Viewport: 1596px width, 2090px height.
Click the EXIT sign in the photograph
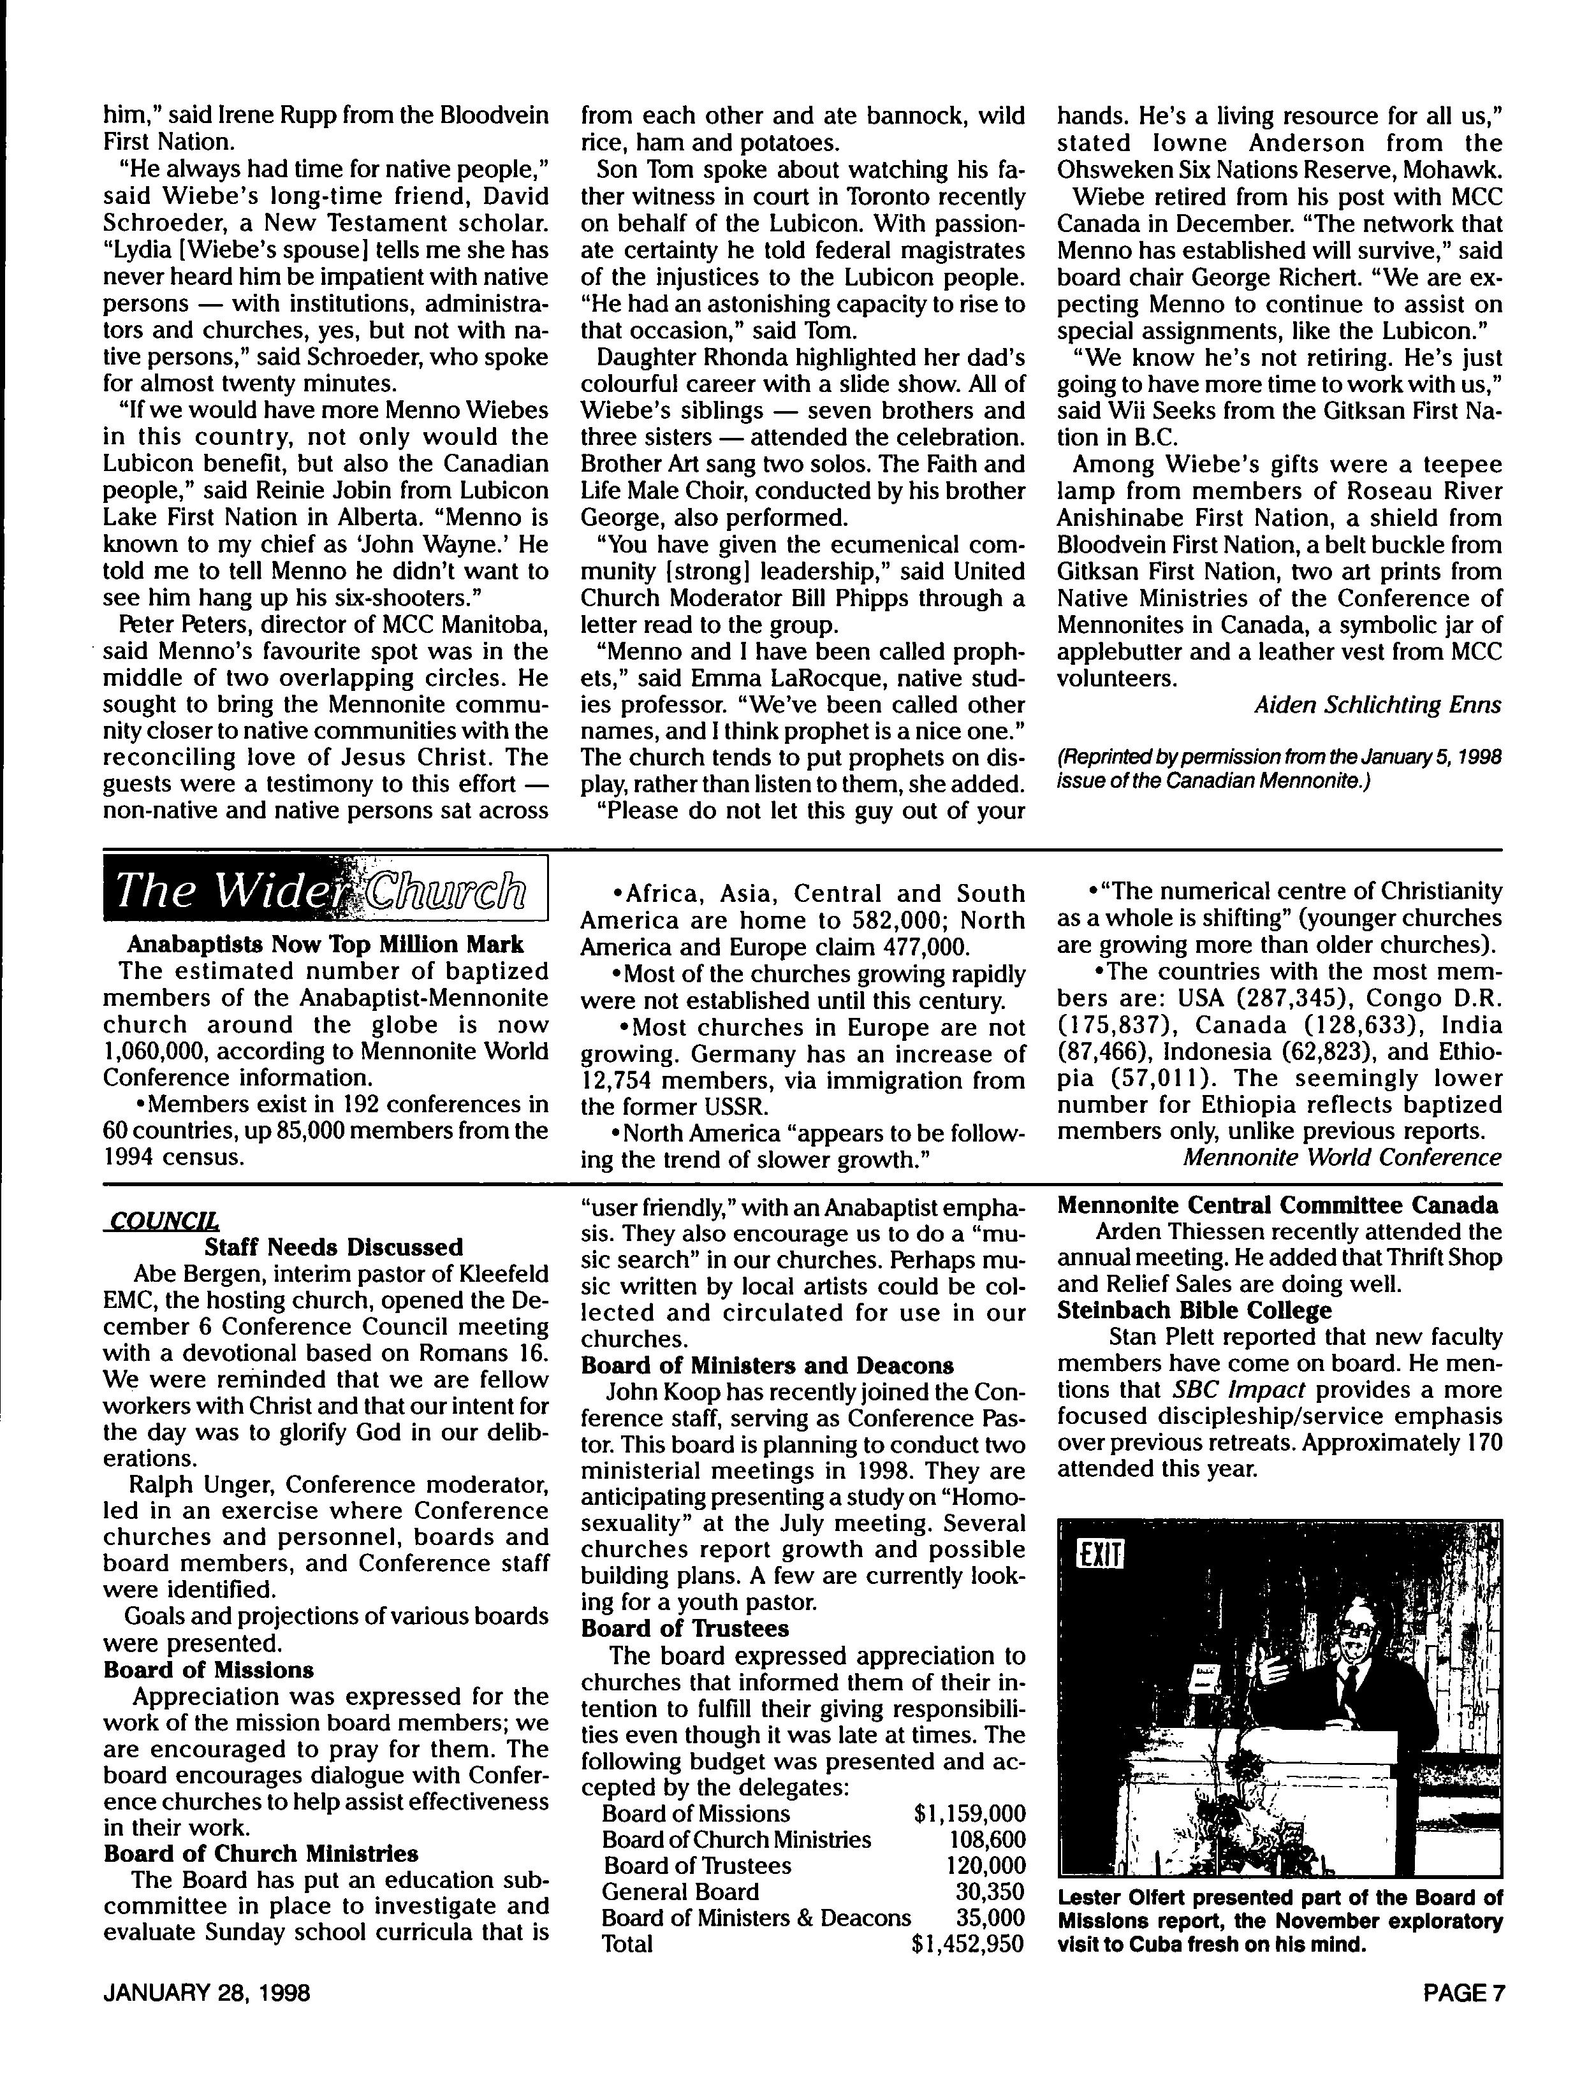point(1100,1555)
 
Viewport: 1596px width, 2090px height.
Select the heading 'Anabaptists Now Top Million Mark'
point(325,945)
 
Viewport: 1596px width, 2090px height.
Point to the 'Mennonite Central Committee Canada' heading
point(1278,1206)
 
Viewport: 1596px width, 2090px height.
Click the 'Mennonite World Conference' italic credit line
point(1342,1157)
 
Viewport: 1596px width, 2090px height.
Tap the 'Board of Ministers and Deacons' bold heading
point(766,1365)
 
